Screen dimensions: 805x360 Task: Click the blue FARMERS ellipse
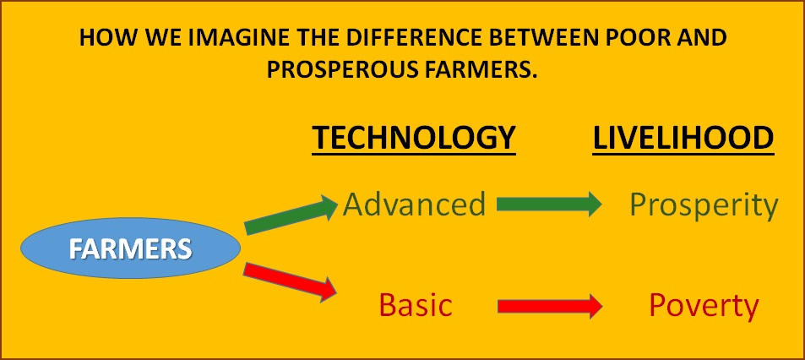pos(130,248)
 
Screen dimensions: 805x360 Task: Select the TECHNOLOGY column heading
pos(414,138)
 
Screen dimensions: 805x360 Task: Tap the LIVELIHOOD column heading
pos(683,138)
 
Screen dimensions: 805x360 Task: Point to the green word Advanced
pos(414,204)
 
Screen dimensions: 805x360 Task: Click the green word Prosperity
pos(704,206)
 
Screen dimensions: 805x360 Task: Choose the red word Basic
pos(416,304)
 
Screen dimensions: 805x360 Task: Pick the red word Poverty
pos(704,307)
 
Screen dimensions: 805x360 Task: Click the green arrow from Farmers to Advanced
pos(291,215)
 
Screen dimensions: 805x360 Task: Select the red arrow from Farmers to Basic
pos(290,281)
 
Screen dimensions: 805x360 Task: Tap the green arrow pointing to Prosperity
pos(549,204)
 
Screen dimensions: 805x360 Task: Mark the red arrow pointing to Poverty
pos(549,306)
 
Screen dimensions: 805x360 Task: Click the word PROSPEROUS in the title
pos(337,70)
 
